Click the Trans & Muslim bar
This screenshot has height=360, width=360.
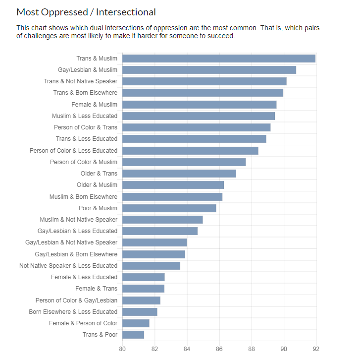219,59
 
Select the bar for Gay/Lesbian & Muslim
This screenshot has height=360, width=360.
209,70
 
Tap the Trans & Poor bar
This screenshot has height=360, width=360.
133,335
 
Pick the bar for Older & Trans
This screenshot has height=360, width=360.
179,174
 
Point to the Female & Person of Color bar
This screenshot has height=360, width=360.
136,323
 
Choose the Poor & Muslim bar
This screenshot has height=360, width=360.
169,208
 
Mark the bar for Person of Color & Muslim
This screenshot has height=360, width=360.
184,162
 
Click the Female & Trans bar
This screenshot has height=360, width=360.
143,289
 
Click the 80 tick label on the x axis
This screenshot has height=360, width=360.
122,349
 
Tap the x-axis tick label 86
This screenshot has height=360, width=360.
219,349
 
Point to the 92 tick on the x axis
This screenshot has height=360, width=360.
316,349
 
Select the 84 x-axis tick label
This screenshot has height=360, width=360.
187,349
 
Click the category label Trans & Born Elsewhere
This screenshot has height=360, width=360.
85,93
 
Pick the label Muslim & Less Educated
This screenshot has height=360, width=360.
85,116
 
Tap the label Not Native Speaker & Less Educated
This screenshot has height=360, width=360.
68,266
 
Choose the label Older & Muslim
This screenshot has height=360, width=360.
97,185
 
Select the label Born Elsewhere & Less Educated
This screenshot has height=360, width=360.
73,312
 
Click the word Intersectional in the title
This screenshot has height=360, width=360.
126,12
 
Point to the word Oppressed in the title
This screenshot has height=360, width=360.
64,12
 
